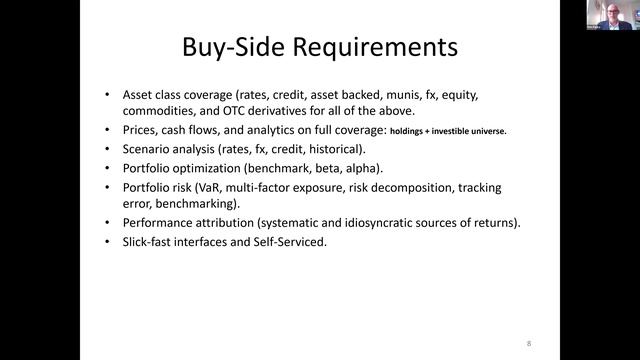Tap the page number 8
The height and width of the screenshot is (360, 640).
pos(528,343)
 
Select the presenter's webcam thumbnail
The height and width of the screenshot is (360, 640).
pos(609,15)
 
